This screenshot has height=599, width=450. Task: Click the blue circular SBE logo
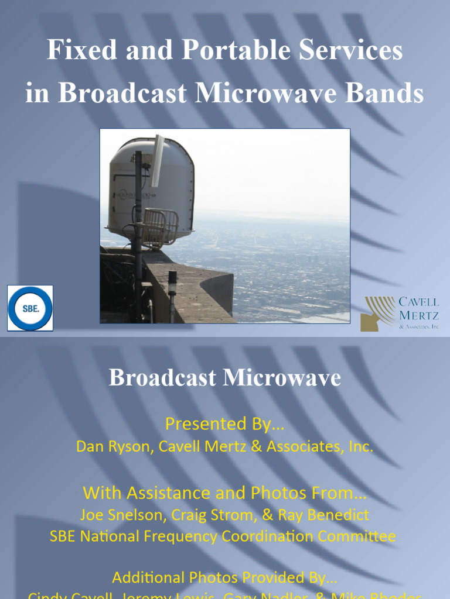pos(30,308)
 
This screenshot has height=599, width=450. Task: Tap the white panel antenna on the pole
pos(158,160)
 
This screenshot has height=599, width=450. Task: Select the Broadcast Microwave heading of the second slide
pos(224,378)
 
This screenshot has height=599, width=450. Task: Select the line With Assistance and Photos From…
pos(224,493)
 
